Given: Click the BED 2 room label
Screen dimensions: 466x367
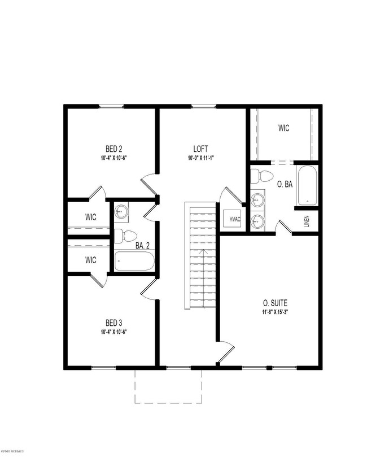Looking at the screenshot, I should (x=113, y=149).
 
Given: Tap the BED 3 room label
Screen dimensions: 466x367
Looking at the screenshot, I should (x=113, y=323).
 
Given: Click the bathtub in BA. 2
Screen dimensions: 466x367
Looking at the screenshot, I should (x=134, y=261).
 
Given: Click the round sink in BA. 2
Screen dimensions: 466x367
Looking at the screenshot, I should (x=121, y=212).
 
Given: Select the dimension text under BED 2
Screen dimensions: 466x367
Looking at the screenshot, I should (x=113, y=158).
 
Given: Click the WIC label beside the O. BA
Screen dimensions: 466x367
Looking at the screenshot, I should (x=283, y=128).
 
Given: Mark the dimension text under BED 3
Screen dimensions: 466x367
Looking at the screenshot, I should (x=113, y=332).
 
